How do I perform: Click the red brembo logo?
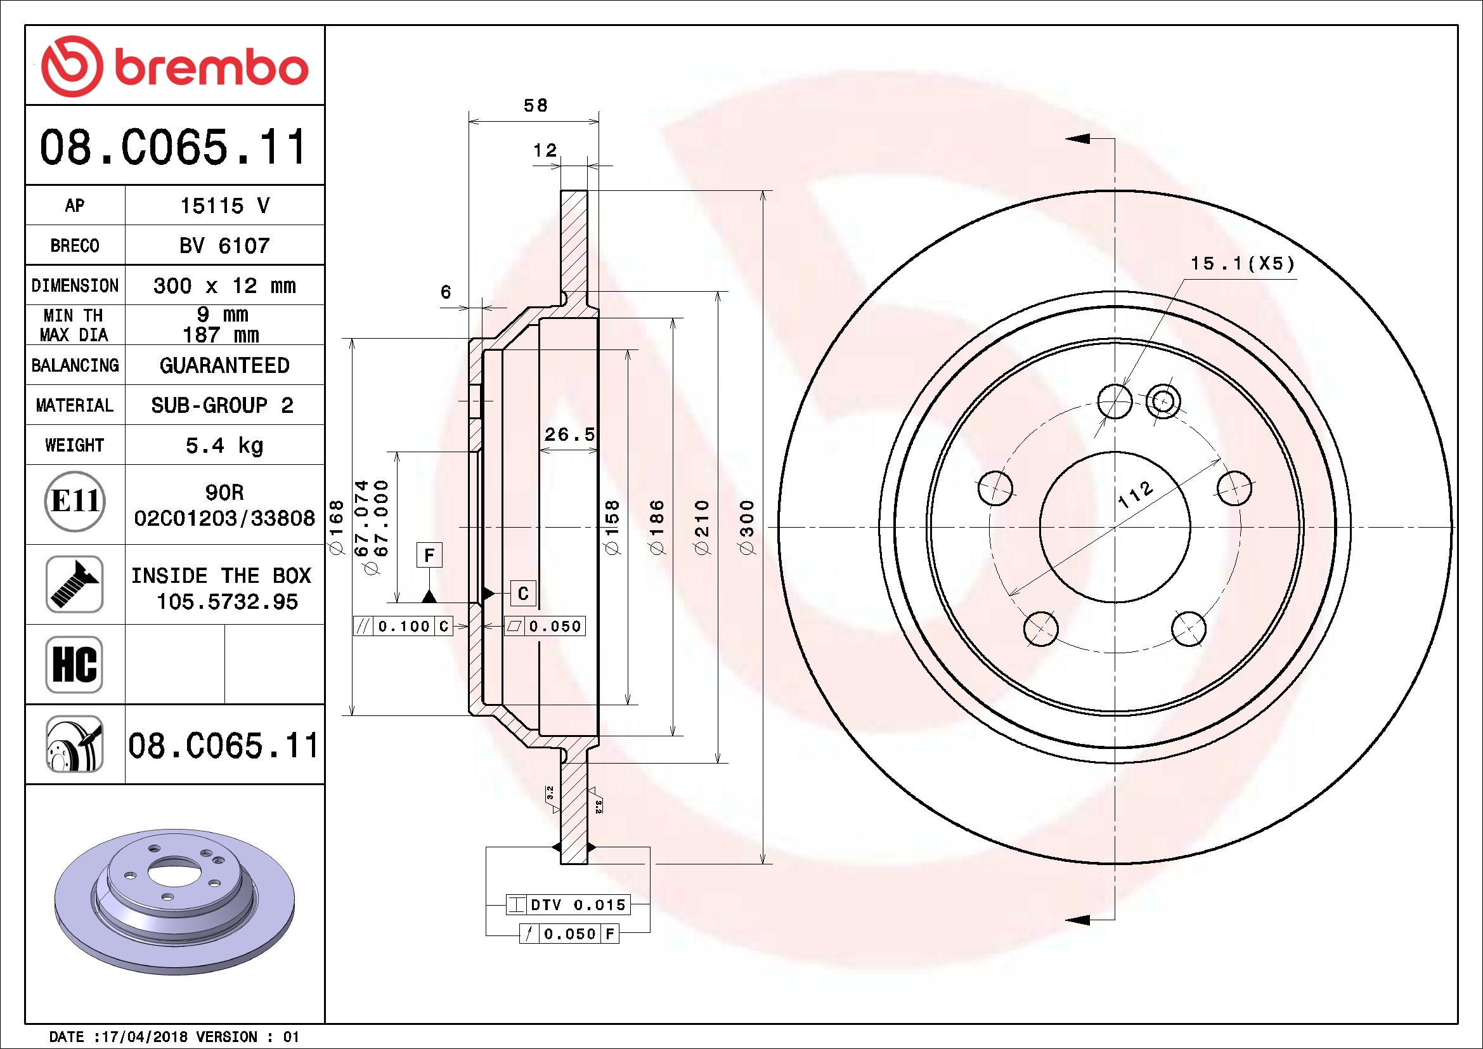pyautogui.click(x=174, y=66)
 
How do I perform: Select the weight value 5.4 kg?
pyautogui.click(x=224, y=446)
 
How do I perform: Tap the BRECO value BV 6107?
pyautogui.click(x=224, y=245)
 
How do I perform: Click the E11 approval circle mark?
pyautogui.click(x=75, y=501)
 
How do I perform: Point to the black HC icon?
pyautogui.click(x=75, y=664)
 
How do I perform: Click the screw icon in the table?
pyautogui.click(x=75, y=584)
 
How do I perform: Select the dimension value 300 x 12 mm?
pyautogui.click(x=224, y=285)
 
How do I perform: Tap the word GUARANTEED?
pyautogui.click(x=224, y=365)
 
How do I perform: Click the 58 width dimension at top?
pyautogui.click(x=535, y=105)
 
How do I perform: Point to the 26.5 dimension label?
pyautogui.click(x=570, y=434)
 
